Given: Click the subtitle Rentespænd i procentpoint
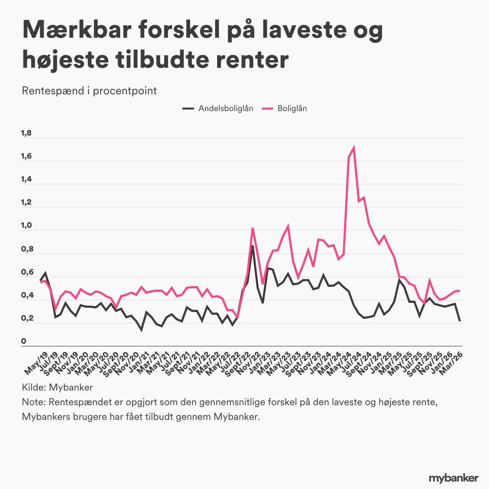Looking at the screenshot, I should [x=89, y=91].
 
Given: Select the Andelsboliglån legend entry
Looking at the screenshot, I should [x=226, y=108].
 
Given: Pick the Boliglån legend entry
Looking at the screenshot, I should [x=292, y=108].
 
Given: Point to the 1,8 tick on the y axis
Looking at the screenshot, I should [x=27, y=133].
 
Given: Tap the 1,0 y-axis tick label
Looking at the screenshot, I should [x=27, y=225].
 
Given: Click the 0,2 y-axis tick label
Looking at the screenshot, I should [x=27, y=318].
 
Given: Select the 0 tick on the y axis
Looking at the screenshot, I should [x=24, y=341].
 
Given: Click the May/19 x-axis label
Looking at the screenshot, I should [x=36, y=363].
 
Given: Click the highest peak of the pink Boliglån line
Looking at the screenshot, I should [x=354, y=148].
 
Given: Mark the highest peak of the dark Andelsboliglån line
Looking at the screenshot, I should [x=253, y=246].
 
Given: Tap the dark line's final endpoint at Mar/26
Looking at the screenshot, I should [x=460, y=321].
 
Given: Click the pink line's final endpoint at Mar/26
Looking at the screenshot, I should [x=460, y=290].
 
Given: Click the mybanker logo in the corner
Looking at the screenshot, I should [x=453, y=478].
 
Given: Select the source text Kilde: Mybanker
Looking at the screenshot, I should [x=57, y=387].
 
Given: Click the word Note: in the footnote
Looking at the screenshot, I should [x=34, y=402].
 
